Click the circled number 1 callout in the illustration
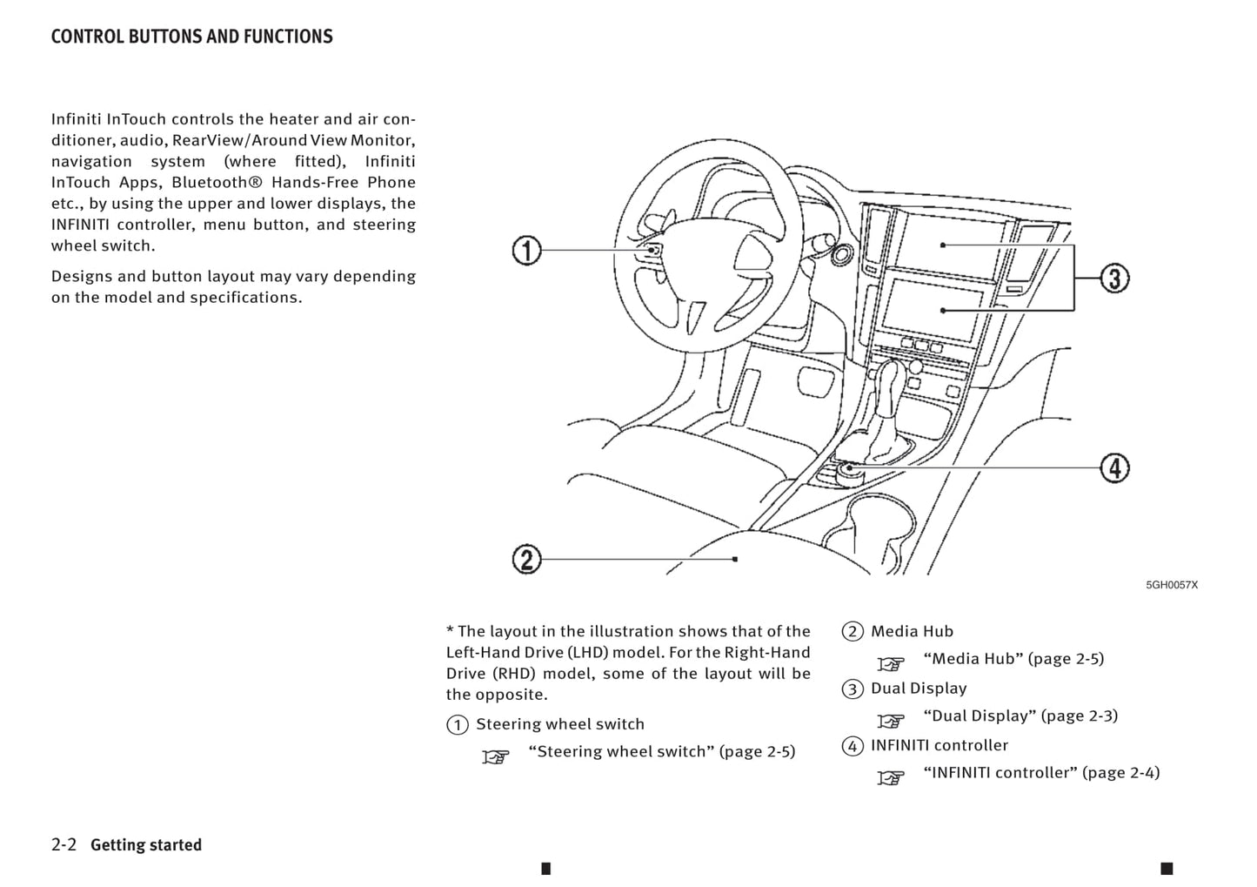tap(526, 251)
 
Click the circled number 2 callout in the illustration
tap(526, 559)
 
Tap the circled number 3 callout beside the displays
tap(1114, 279)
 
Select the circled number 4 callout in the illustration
tap(1114, 468)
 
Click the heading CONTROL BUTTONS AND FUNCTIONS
tap(191, 37)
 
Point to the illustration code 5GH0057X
tap(1171, 585)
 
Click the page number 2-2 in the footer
tap(64, 844)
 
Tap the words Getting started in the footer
tap(146, 845)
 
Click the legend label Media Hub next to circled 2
tap(912, 632)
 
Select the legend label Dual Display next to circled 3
tap(919, 689)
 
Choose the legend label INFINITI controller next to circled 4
tap(939, 746)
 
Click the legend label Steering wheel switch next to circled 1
tap(560, 724)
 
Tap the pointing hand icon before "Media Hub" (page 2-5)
tap(890, 664)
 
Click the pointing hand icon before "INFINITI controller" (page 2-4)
tap(890, 777)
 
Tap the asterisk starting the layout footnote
tap(451, 630)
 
